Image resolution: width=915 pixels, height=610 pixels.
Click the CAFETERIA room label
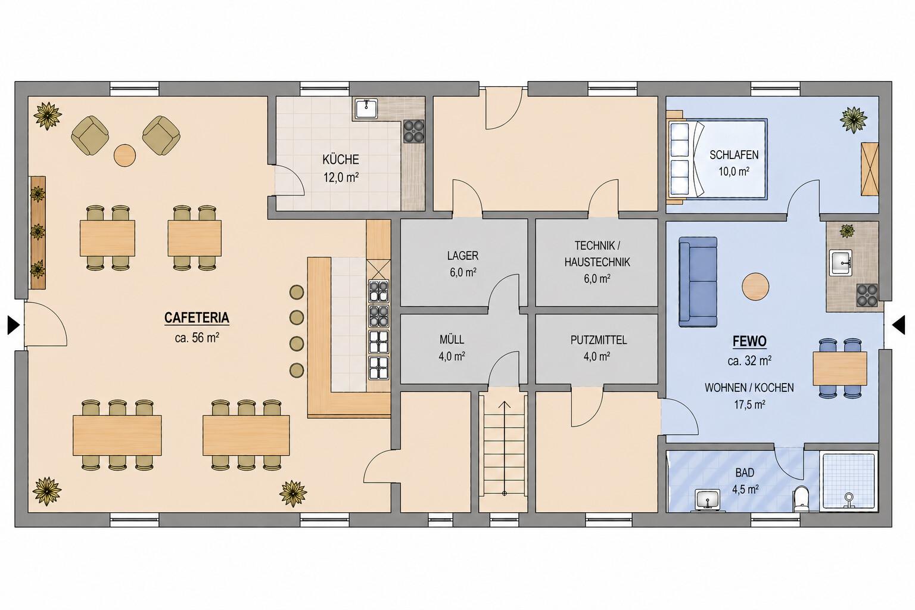coord(197,318)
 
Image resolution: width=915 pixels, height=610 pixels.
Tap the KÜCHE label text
coord(341,159)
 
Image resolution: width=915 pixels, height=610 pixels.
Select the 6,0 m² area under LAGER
coord(463,272)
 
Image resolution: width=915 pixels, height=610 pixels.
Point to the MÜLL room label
coord(452,340)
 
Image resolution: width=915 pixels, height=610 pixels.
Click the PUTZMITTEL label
coord(599,340)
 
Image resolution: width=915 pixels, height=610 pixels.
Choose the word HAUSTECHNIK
coord(597,262)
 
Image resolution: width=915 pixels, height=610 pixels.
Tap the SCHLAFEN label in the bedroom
coord(734,155)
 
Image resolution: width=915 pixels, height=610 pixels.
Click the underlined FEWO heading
coord(749,341)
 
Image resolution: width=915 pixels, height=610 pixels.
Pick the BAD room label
coord(745,473)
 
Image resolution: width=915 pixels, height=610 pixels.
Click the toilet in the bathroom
coord(801,499)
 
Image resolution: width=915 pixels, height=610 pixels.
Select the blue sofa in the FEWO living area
coord(698,282)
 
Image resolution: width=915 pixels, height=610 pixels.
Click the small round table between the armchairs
coord(124,155)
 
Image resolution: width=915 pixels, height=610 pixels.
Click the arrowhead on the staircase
coord(505,405)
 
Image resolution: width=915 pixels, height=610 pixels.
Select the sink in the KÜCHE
coord(366,108)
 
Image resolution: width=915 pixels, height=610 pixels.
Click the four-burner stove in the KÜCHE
coord(414,131)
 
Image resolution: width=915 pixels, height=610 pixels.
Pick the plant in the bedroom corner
coord(853,119)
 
